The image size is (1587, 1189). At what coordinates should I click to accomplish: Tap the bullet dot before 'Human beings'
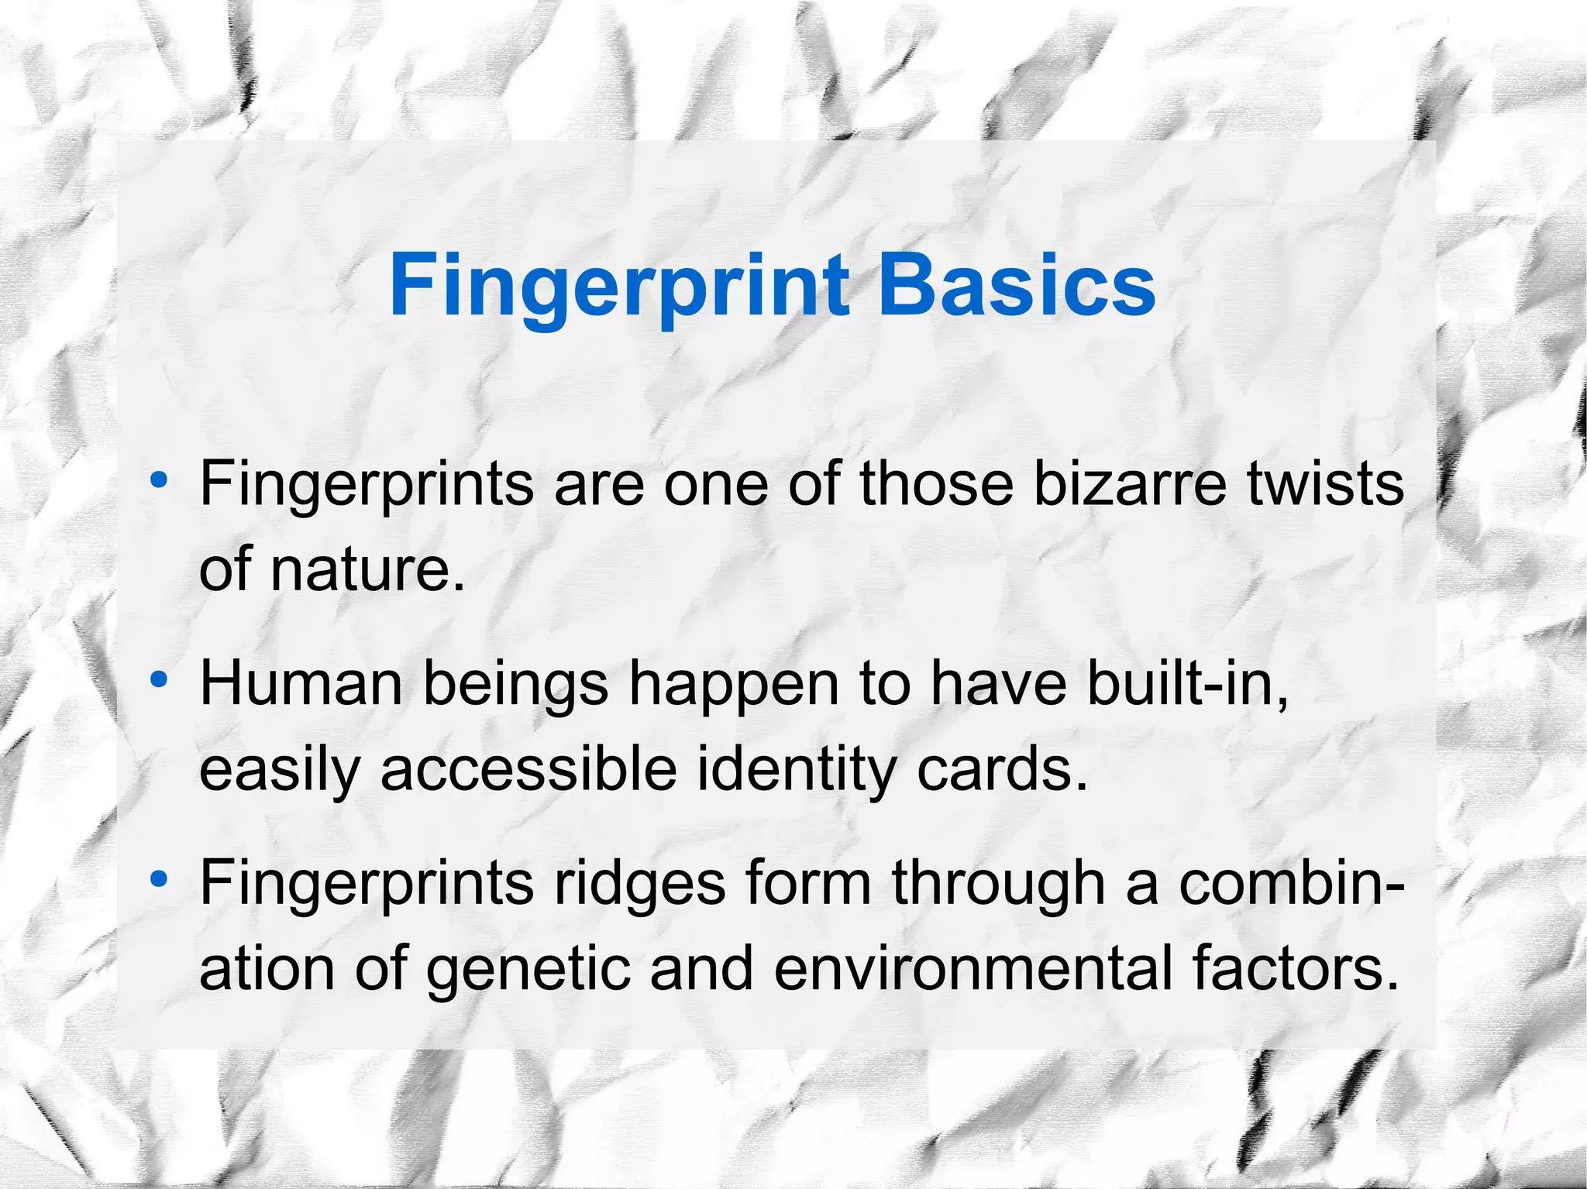(x=159, y=680)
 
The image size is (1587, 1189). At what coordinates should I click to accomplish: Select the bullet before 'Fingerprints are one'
(x=159, y=480)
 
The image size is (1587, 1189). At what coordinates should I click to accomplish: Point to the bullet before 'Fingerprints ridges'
(x=159, y=879)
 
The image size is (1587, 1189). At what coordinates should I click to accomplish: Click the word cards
(x=1003, y=770)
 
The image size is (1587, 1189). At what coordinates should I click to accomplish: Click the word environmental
(x=973, y=969)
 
